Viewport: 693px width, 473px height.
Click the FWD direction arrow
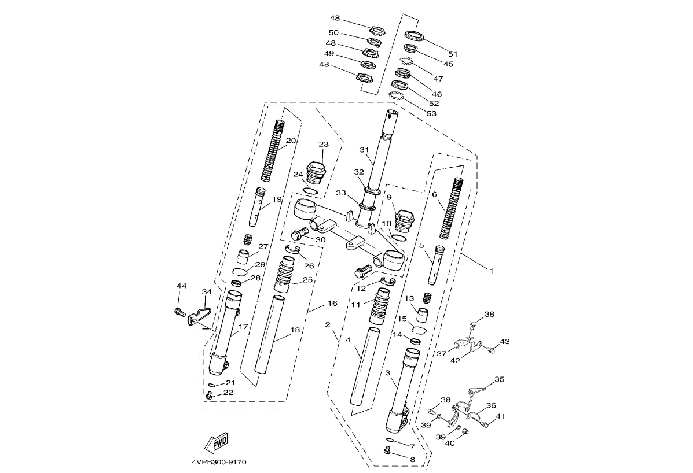(217, 442)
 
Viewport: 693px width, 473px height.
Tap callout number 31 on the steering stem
(364, 150)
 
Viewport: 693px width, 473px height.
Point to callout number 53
(431, 113)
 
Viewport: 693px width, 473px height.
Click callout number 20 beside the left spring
(291, 141)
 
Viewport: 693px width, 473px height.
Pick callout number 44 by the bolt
(182, 286)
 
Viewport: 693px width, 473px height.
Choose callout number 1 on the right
(491, 270)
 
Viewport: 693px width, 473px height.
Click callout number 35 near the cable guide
(499, 380)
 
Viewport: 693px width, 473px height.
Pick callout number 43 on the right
(505, 342)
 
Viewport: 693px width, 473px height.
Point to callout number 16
(332, 303)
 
